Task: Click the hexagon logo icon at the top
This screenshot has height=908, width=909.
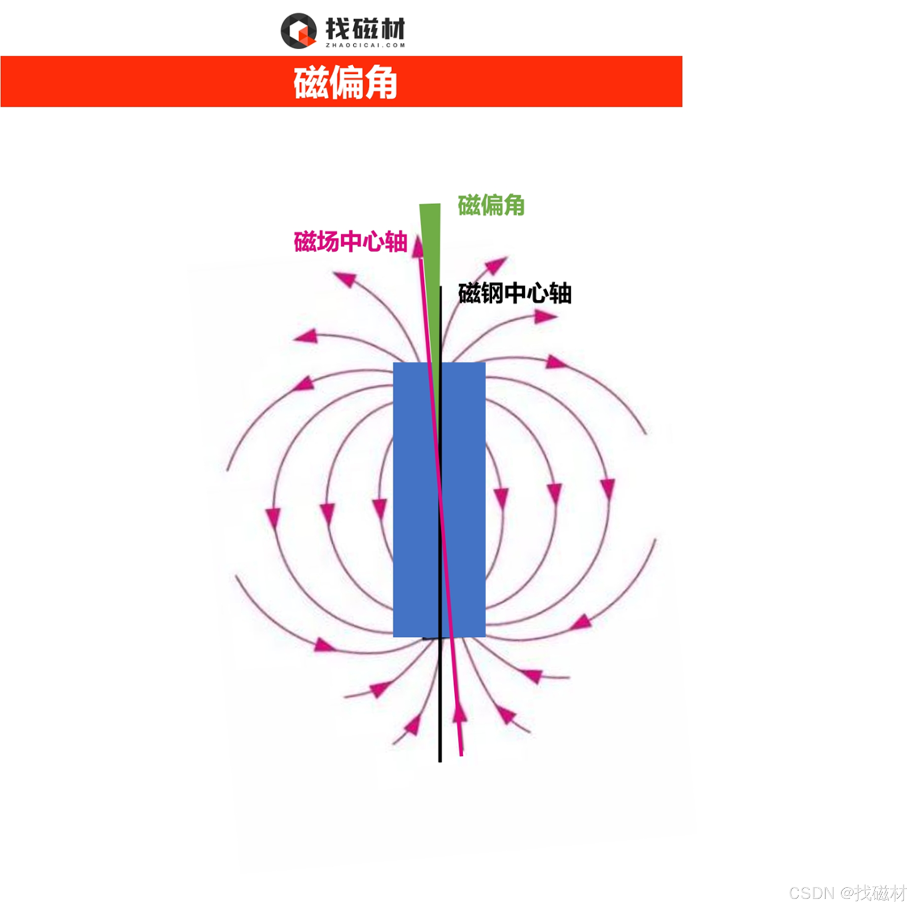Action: click(298, 31)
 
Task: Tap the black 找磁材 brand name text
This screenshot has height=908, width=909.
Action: click(365, 28)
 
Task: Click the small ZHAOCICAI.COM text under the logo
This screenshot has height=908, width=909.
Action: click(365, 45)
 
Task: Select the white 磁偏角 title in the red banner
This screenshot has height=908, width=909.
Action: click(345, 82)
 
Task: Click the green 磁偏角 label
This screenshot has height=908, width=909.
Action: click(491, 206)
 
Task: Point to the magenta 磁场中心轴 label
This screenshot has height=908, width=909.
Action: click(350, 242)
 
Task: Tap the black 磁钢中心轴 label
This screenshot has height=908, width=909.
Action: click(515, 293)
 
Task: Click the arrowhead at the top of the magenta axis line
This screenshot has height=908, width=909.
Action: click(417, 246)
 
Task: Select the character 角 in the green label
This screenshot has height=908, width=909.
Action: click(514, 206)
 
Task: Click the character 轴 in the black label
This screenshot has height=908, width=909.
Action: click(560, 293)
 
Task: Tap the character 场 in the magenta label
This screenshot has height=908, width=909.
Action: click(328, 242)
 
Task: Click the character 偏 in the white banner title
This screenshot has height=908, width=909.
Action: click(345, 82)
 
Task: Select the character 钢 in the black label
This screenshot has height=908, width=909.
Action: click(492, 293)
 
